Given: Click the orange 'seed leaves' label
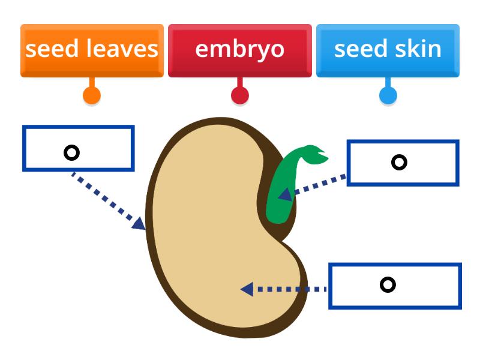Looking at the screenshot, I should coord(92,50).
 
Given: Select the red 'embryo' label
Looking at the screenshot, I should coord(239,50).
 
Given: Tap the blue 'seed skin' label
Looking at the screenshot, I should coord(388,50).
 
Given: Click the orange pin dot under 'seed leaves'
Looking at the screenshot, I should coord(91,95).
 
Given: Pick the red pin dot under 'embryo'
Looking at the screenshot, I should coord(240,95).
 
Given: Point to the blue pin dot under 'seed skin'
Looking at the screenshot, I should coord(388,95).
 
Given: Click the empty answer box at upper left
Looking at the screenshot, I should coord(78,148).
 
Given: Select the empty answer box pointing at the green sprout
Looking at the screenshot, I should coord(403,163).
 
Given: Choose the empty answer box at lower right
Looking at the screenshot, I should coord(395,286).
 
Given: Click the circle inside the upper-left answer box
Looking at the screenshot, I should coord(71,153).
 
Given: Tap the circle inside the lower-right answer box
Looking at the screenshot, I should coord(388,284).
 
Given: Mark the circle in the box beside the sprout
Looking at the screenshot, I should coord(399,162).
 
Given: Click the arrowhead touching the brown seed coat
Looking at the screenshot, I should coord(140,224).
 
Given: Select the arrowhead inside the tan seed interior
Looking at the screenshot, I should coord(246,289).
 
